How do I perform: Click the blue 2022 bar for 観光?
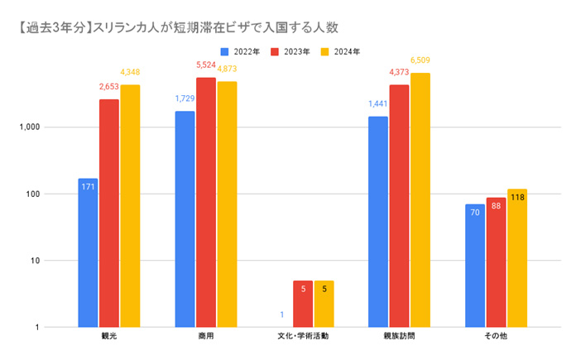88,252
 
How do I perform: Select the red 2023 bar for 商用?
206,202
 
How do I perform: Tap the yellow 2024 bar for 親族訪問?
420,199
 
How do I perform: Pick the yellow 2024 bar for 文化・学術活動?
324,304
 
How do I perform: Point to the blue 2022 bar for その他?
475,265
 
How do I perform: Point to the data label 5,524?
206,65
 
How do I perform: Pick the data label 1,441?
378,105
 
